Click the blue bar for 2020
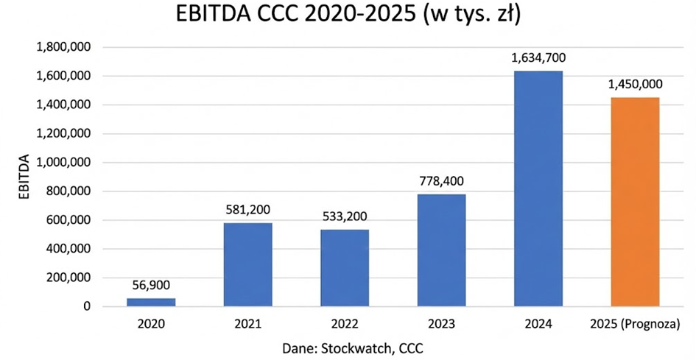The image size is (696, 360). click(152, 302)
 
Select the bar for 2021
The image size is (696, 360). click(248, 264)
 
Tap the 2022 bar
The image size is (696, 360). click(345, 268)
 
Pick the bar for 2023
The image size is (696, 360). click(442, 250)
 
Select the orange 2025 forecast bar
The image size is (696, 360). click(635, 202)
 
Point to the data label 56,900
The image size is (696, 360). click(152, 286)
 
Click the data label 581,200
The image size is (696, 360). click(248, 211)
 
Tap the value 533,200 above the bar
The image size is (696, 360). click(345, 217)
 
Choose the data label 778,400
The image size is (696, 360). click(442, 182)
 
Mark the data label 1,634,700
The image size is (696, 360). click(538, 58)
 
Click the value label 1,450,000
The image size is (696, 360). click(635, 85)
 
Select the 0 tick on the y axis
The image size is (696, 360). click(87, 306)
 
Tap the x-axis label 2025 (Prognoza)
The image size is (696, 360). click(635, 323)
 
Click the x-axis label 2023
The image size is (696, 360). click(442, 323)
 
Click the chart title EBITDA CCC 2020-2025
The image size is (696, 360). click(348, 16)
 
